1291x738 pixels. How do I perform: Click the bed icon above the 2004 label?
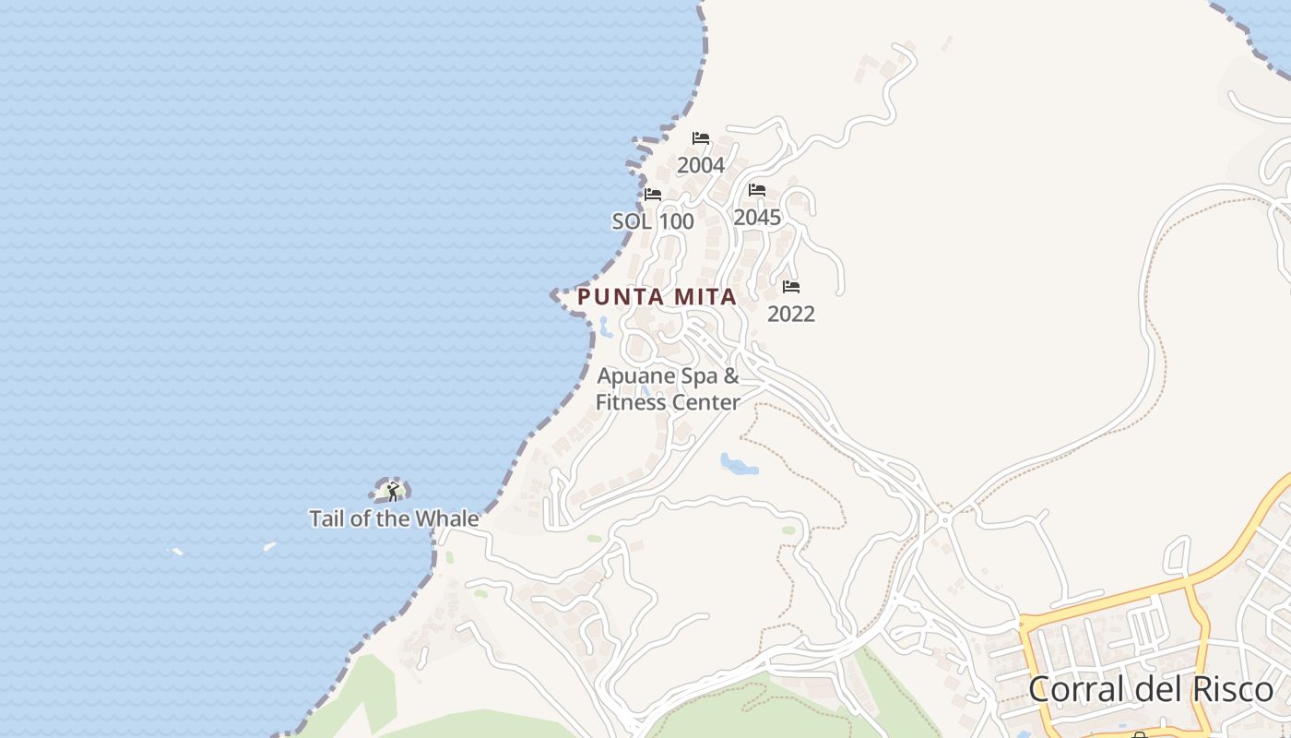(x=701, y=138)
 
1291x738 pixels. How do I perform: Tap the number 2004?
(x=701, y=166)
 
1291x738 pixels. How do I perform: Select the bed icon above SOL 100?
(x=653, y=195)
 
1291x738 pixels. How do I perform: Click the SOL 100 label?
(x=653, y=221)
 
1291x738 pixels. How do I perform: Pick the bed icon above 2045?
(x=757, y=190)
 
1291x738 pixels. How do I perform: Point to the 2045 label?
(x=757, y=218)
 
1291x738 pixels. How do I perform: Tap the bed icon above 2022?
(x=791, y=287)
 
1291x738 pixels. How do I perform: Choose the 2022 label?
(x=791, y=315)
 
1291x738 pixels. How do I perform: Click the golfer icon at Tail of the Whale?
(x=393, y=491)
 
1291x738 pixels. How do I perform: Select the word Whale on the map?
(x=449, y=518)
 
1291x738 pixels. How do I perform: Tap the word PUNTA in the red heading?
(x=621, y=297)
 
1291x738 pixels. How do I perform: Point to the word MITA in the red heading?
(x=705, y=297)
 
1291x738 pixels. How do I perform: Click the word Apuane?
(x=636, y=376)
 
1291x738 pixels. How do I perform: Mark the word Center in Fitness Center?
(x=705, y=402)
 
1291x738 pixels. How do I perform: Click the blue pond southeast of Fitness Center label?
(x=739, y=463)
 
